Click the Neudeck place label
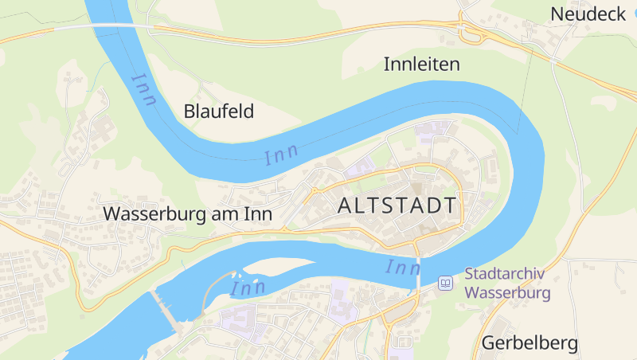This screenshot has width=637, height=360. (587, 14)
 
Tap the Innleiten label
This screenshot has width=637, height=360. (422, 64)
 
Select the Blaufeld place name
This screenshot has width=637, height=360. (219, 112)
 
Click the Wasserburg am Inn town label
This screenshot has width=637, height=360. (188, 214)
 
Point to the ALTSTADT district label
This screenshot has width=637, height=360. (397, 205)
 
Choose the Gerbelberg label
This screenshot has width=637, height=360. (530, 344)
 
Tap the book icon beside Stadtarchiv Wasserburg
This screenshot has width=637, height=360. (447, 284)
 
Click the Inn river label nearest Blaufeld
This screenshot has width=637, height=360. (144, 88)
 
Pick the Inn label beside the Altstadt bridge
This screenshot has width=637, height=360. (403, 268)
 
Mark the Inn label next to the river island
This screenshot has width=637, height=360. (248, 287)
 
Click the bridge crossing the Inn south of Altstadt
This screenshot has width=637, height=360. (416, 275)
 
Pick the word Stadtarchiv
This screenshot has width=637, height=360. (504, 274)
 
